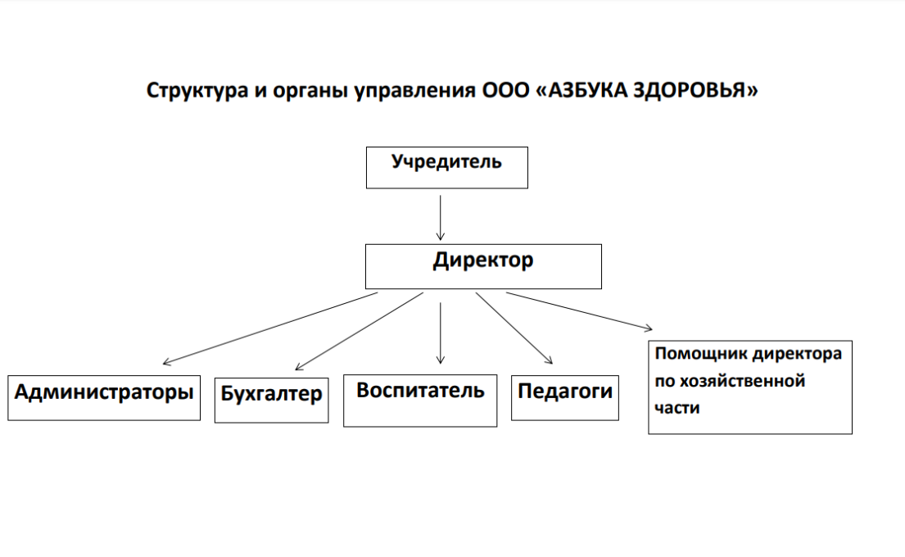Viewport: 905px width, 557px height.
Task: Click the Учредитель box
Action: pos(446,167)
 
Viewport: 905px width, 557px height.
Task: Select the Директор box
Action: pos(483,266)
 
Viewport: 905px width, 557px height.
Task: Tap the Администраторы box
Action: pos(104,398)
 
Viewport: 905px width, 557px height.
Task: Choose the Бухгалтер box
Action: pos(271,400)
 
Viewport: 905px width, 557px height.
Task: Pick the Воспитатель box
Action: pos(420,401)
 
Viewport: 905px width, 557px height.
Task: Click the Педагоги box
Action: pos(565,398)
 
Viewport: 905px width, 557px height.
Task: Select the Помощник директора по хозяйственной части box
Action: pos(750,387)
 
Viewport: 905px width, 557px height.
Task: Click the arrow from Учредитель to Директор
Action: pos(441,218)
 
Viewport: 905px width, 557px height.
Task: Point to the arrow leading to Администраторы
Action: pos(270,328)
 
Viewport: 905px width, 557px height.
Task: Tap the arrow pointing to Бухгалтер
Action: pos(359,331)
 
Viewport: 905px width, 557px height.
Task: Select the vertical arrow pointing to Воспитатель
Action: pos(441,333)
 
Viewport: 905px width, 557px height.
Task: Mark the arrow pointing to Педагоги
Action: pos(514,328)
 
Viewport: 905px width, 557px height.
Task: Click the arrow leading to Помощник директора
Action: pos(580,311)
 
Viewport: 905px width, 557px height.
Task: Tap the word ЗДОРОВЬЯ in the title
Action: pos(695,90)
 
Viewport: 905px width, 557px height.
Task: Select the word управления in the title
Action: pos(415,91)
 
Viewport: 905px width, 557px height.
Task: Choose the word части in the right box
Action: pos(677,408)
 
